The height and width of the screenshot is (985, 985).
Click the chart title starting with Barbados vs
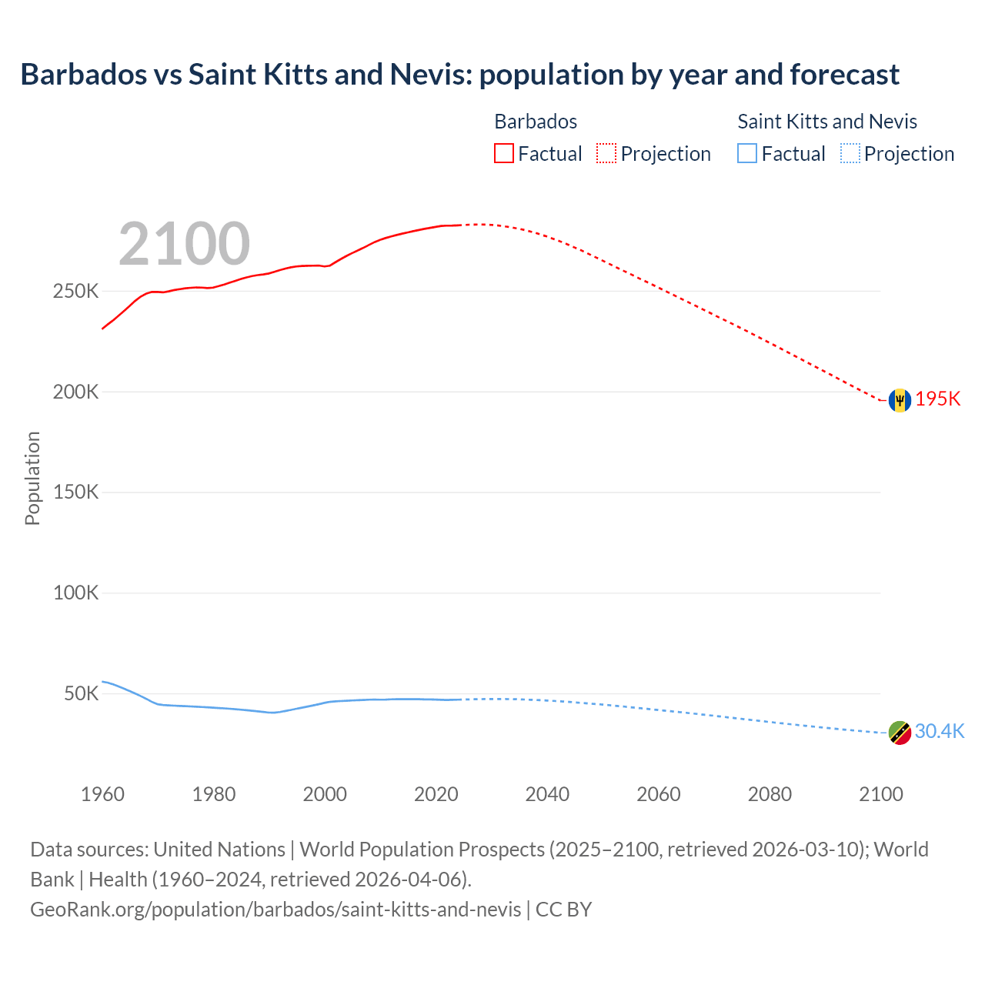pyautogui.click(x=459, y=75)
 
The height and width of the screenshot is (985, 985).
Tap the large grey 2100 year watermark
pyautogui.click(x=184, y=244)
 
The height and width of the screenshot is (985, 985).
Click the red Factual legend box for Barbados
pyautogui.click(x=504, y=153)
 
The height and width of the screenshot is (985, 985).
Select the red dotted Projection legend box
pyautogui.click(x=606, y=153)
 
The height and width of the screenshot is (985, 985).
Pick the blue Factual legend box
pyautogui.click(x=747, y=153)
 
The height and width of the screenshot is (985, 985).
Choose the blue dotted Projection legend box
pyautogui.click(x=850, y=153)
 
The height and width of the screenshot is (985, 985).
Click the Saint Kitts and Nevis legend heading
pyautogui.click(x=827, y=122)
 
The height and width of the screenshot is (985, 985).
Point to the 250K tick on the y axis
pyautogui.click(x=75, y=292)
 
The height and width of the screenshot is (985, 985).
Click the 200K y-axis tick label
pyautogui.click(x=75, y=392)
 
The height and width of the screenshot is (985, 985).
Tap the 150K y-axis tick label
pyautogui.click(x=75, y=492)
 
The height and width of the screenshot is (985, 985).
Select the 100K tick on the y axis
pyautogui.click(x=75, y=593)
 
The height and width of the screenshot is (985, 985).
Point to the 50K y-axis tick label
pyautogui.click(x=81, y=693)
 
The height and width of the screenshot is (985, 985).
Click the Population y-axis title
pyautogui.click(x=32, y=478)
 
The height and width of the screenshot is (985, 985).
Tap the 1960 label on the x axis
pyautogui.click(x=102, y=794)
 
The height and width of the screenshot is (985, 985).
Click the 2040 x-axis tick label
pyautogui.click(x=547, y=794)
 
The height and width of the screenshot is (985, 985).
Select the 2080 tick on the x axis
pyautogui.click(x=770, y=794)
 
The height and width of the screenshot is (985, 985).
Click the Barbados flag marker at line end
pyautogui.click(x=900, y=400)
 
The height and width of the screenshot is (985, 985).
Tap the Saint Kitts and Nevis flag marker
pyautogui.click(x=900, y=733)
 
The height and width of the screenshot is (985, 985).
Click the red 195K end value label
pyautogui.click(x=938, y=399)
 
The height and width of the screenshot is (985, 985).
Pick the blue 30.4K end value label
pyautogui.click(x=940, y=731)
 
